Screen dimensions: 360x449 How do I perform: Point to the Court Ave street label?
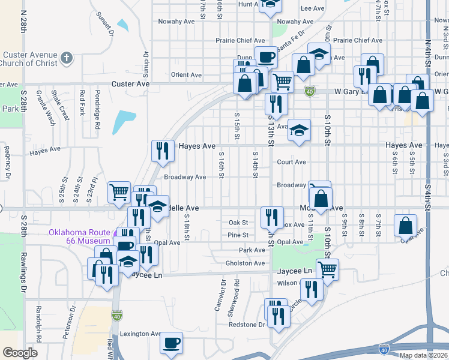(291, 162)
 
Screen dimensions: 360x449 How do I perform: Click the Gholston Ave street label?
(245, 263)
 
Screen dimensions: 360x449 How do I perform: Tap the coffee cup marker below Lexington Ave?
(172, 343)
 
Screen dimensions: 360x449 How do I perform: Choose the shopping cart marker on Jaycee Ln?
(327, 269)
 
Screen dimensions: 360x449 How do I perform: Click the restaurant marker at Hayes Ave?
(162, 151)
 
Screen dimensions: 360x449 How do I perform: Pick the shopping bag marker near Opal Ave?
(406, 226)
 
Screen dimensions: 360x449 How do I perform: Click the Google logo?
(20, 353)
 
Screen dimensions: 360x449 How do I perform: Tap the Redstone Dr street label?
(247, 325)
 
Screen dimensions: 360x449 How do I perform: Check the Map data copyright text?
(423, 355)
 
